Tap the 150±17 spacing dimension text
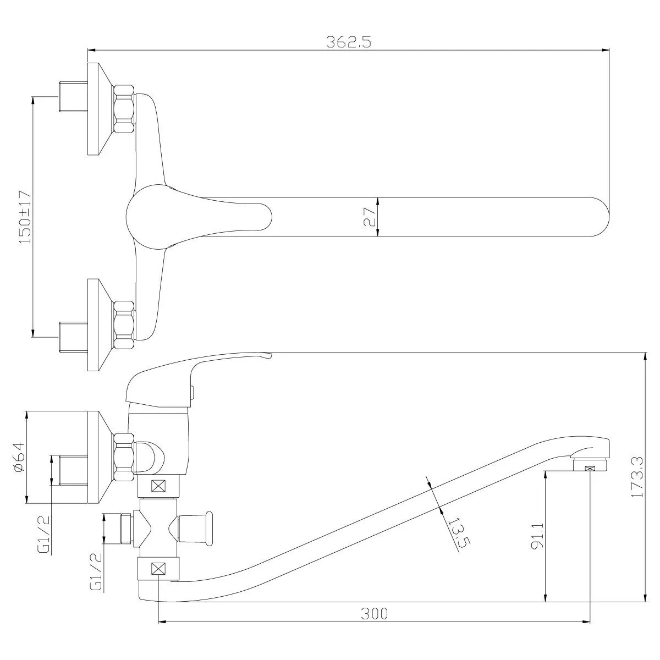point(25,217)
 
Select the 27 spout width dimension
point(370,217)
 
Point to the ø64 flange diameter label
point(18,457)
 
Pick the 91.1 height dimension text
point(538,535)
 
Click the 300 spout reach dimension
point(374,613)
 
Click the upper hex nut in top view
point(124,108)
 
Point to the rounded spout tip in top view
point(599,217)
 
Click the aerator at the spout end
point(590,468)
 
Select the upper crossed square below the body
point(159,486)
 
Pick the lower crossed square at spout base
point(159,569)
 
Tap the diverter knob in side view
point(195,529)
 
